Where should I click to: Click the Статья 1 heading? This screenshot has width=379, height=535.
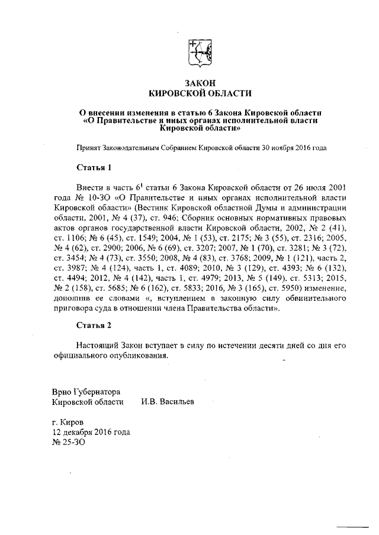94,168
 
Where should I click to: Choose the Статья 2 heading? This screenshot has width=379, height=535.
94,325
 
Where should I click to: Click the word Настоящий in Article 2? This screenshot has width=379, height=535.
99,345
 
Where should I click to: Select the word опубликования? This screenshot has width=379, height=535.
139,355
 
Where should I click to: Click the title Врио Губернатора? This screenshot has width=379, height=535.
86,392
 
